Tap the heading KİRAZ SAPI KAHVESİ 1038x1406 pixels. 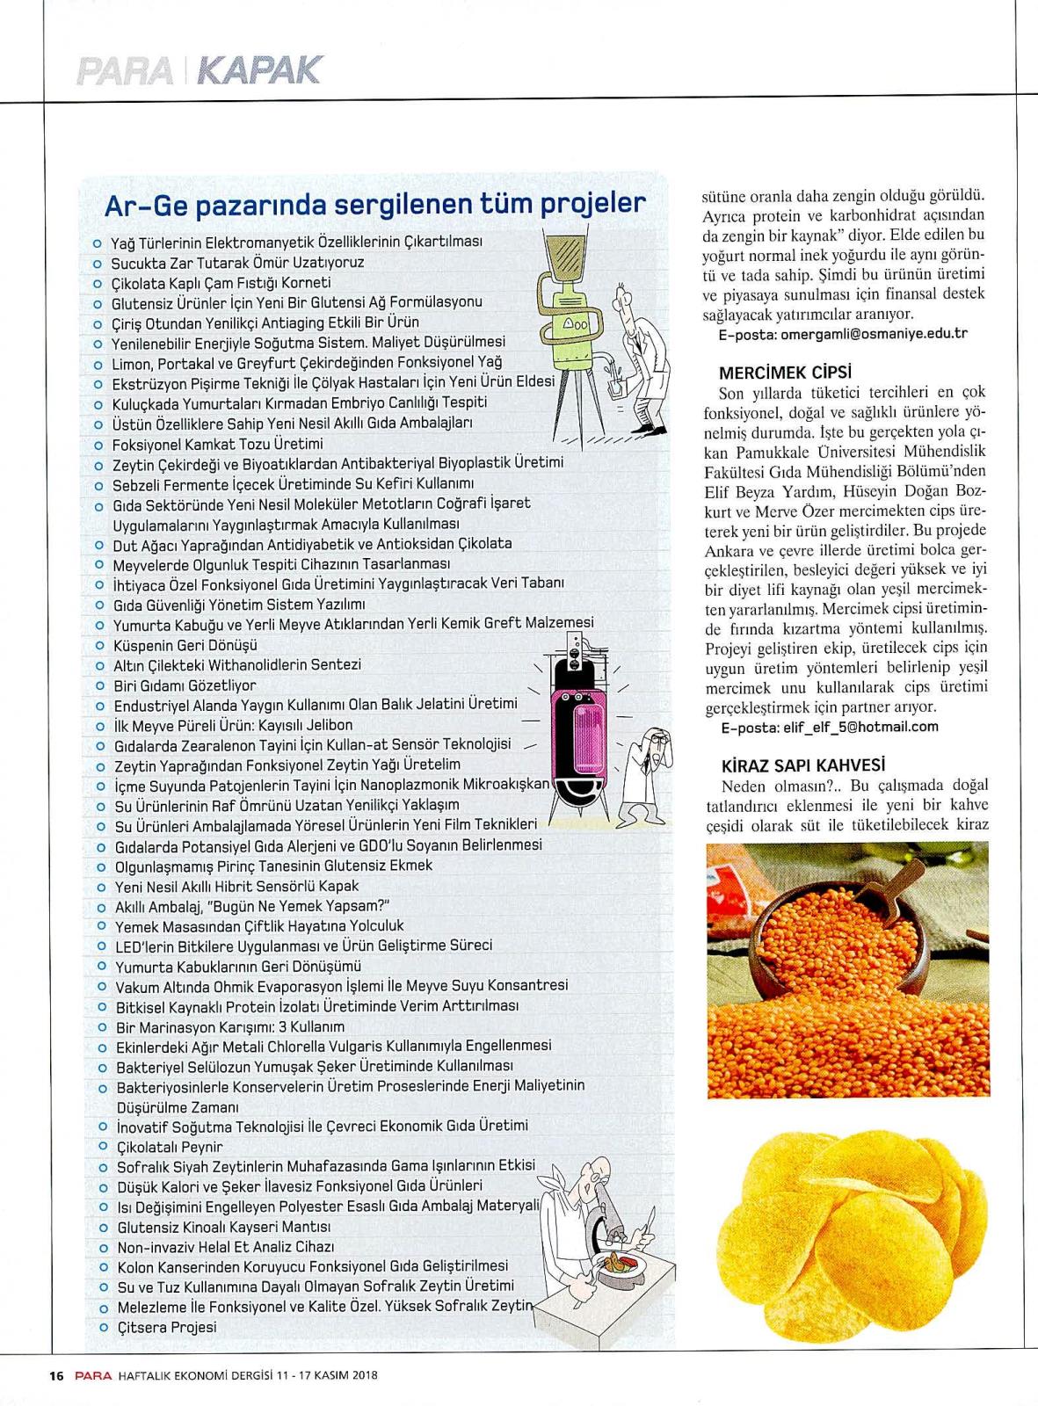click(801, 765)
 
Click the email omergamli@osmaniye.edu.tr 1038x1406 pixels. click(844, 334)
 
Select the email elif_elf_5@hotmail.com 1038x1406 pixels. click(829, 727)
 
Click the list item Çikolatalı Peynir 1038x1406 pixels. click(170, 1147)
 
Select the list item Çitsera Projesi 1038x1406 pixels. click(167, 1327)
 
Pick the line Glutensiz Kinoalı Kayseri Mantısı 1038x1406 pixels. click(223, 1227)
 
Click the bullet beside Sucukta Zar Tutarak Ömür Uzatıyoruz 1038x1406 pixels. click(98, 262)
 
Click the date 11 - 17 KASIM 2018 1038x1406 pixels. click(327, 1376)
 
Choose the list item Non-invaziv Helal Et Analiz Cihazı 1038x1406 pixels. click(226, 1247)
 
